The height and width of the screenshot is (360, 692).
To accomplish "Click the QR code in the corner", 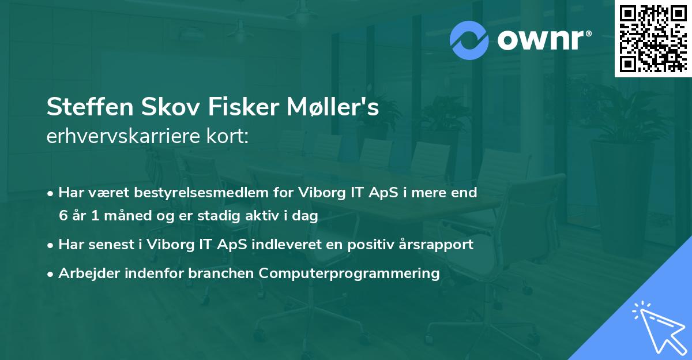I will point(653,38).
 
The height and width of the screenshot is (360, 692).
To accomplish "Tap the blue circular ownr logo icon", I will point(469,40).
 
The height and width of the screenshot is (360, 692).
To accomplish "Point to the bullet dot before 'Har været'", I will point(51,193).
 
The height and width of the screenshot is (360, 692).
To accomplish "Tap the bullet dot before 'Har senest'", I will point(51,245).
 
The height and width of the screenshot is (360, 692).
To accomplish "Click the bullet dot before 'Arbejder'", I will point(51,273).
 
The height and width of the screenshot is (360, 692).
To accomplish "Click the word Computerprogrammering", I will point(349,273).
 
